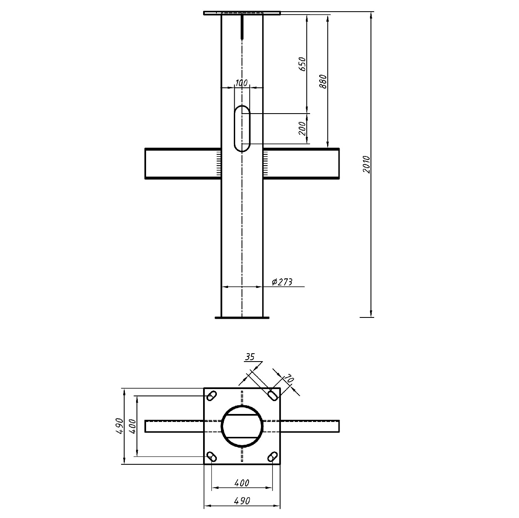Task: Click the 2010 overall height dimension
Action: point(366,164)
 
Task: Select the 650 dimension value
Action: point(303,64)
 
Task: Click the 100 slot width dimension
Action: point(241,83)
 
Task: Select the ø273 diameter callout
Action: point(282,282)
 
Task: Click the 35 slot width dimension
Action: point(250,357)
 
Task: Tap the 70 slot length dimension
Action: point(289,379)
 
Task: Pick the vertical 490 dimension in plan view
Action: point(120,426)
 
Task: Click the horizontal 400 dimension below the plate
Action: point(242,483)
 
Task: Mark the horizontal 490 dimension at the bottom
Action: point(242,501)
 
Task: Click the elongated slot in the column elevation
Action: point(242,129)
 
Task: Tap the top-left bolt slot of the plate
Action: point(211,395)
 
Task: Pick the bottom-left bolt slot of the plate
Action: point(212,456)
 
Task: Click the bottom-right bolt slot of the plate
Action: point(272,457)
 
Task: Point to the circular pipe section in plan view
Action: point(242,426)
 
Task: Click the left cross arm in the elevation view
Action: point(182,164)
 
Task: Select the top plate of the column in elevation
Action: point(242,13)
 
